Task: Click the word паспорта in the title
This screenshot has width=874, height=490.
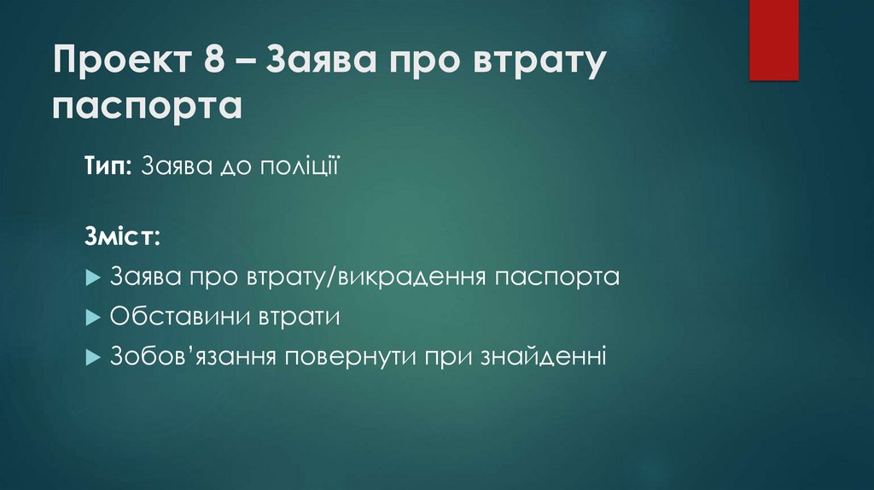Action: (x=147, y=108)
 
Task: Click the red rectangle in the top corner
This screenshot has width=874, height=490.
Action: (x=773, y=39)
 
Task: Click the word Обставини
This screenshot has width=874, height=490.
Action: (x=176, y=317)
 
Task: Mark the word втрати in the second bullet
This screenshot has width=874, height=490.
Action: (x=294, y=317)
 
